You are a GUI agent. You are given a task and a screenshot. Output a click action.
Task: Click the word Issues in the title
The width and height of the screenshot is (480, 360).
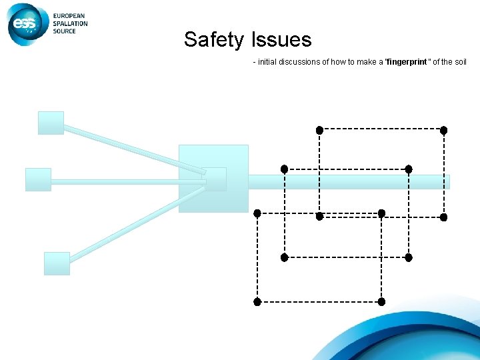pos(281,40)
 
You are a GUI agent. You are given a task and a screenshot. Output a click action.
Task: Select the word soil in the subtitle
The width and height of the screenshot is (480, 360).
pos(460,62)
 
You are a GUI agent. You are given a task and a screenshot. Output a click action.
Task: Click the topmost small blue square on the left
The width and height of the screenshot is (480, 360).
pos(51,123)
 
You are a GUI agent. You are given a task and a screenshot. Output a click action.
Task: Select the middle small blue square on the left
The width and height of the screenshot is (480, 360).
pos(38,180)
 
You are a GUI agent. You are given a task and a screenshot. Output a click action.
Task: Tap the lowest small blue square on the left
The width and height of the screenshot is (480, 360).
pos(57,263)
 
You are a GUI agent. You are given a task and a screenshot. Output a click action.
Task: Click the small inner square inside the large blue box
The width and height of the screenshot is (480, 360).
pos(215,179)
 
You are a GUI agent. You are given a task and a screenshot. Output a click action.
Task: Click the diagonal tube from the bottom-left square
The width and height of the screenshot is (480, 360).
pos(133,224)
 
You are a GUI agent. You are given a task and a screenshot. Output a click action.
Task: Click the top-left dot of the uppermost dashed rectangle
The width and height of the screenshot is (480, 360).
pos(319,129)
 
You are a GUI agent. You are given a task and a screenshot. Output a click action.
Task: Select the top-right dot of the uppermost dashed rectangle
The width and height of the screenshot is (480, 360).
pos(443,130)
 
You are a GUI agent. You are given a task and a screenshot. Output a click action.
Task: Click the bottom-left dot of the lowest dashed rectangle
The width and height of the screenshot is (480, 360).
pos(257,301)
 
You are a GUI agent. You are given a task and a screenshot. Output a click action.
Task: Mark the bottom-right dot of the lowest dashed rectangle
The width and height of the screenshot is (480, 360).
pos(381,301)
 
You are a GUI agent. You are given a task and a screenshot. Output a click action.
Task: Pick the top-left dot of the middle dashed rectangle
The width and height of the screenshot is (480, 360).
pos(284,169)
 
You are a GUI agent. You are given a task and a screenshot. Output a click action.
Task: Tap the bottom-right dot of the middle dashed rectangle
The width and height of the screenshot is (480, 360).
pos(409,257)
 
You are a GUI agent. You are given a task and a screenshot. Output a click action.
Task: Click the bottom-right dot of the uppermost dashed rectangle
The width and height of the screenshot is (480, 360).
pos(443,217)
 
